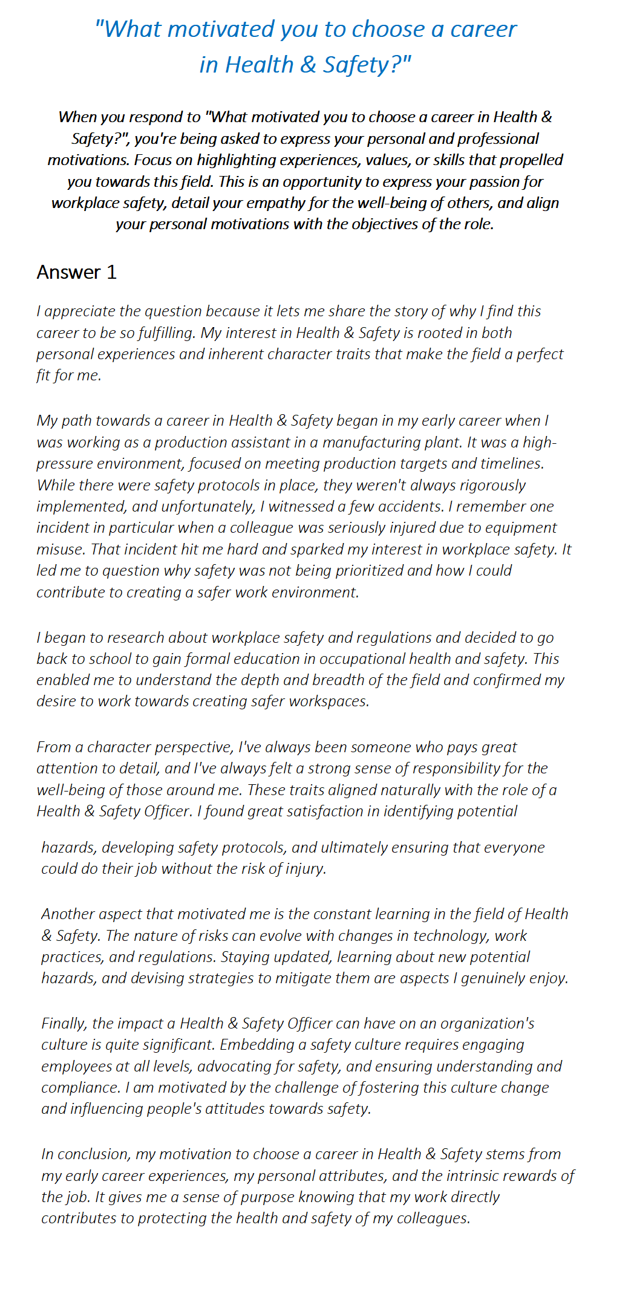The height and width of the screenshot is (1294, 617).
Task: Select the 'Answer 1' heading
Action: pyautogui.click(x=76, y=272)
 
